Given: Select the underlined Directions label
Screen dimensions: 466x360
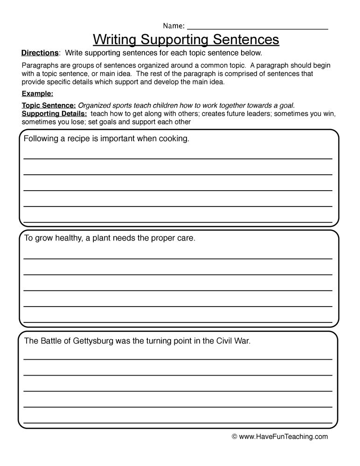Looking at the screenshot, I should (40, 53).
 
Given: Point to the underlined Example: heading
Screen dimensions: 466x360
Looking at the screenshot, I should (37, 93).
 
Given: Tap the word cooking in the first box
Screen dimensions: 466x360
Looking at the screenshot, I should (173, 139).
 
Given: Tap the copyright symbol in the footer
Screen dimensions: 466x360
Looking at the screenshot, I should (235, 437).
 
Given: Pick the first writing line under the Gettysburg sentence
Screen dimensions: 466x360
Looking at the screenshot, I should (178, 359).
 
